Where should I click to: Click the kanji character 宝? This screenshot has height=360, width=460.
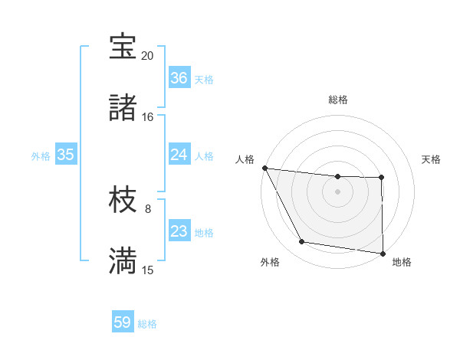(123, 47)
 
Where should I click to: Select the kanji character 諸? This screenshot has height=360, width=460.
(123, 108)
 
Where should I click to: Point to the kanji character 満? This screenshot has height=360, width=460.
(123, 260)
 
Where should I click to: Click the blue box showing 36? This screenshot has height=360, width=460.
(179, 78)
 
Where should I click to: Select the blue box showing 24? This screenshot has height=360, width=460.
(179, 155)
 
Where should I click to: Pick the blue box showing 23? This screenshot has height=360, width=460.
(179, 231)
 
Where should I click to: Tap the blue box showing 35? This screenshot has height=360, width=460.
(66, 155)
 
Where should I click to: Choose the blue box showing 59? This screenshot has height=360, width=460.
(123, 322)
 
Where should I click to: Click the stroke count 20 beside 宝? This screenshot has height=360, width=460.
(147, 56)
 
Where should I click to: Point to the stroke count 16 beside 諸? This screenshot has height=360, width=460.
(147, 117)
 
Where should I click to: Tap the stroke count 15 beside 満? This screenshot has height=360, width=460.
(147, 270)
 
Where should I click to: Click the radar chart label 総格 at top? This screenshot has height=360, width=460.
(338, 100)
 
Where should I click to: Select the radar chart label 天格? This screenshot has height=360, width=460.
(431, 159)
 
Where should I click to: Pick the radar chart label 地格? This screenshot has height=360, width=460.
(402, 262)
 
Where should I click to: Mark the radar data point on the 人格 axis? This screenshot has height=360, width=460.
(264, 168)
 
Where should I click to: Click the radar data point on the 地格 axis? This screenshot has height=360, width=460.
(383, 253)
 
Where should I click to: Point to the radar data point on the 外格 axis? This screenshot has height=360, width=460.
(302, 242)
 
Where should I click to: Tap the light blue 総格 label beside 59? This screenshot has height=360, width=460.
(147, 324)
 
